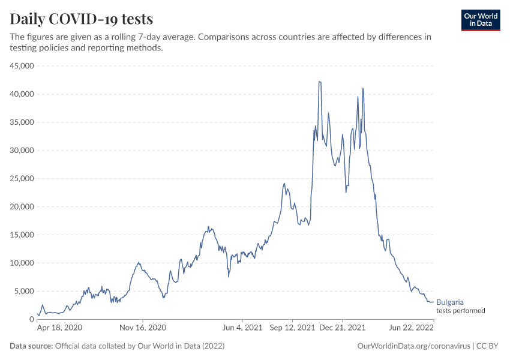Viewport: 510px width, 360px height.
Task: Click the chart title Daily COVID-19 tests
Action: pos(82,19)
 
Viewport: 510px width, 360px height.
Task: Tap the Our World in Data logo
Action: pos(481,19)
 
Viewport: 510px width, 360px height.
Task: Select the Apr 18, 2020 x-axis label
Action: pos(59,328)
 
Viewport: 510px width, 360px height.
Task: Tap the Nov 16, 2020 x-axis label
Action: pos(143,328)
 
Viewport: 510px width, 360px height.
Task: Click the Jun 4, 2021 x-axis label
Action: pos(242,328)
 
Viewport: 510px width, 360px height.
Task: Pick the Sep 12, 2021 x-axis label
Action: pos(292,328)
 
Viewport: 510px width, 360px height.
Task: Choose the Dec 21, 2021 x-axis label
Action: pos(342,328)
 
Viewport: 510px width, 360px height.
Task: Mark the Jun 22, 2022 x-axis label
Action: pos(412,328)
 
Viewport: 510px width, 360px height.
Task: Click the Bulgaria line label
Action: pos(450,302)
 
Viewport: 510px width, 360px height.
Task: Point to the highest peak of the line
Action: pos(320,82)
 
